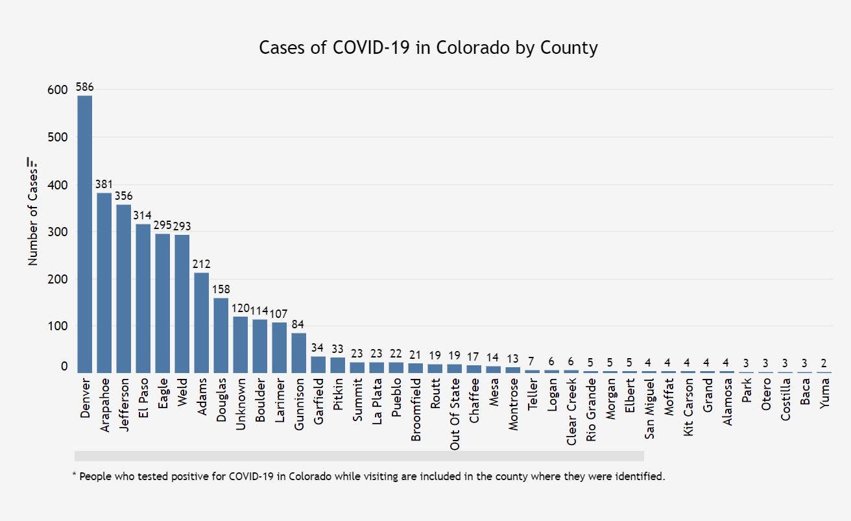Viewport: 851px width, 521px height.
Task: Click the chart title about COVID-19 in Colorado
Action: [428, 47]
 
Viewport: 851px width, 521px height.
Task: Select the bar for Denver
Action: [84, 234]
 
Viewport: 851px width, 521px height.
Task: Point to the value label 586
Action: [84, 86]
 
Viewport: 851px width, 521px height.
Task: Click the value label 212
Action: [201, 264]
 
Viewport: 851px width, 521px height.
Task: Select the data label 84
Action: [298, 324]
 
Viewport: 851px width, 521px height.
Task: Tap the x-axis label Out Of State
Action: [455, 413]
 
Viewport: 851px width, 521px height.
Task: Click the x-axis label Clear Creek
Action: [571, 412]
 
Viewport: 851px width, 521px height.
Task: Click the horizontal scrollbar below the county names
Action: [359, 456]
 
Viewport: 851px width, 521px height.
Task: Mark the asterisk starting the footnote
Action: [74, 476]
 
